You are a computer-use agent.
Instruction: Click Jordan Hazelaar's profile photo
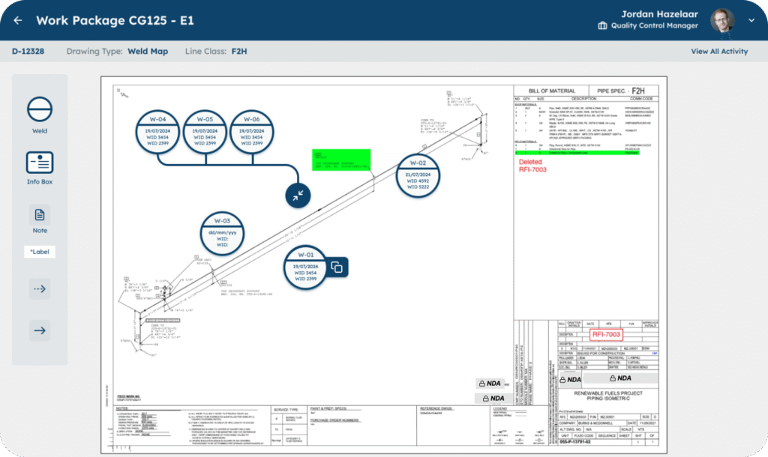[x=721, y=20]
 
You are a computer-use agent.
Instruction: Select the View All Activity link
[x=718, y=52]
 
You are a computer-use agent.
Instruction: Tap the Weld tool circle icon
[x=40, y=109]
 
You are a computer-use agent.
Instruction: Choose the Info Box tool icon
[x=40, y=162]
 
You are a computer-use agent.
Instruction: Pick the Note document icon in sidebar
[x=40, y=215]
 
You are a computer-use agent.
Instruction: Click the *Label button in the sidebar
[x=40, y=252]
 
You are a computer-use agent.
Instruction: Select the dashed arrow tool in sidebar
[x=40, y=288]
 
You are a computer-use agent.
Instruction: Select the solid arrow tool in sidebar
[x=40, y=330]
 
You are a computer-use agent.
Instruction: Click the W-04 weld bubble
[x=163, y=133]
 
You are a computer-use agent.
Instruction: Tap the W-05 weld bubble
[x=205, y=133]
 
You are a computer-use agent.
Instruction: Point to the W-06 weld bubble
[x=252, y=133]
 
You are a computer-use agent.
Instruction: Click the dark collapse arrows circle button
[x=298, y=195]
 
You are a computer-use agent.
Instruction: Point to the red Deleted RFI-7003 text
[x=532, y=166]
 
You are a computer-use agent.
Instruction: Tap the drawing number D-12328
[x=28, y=52]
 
